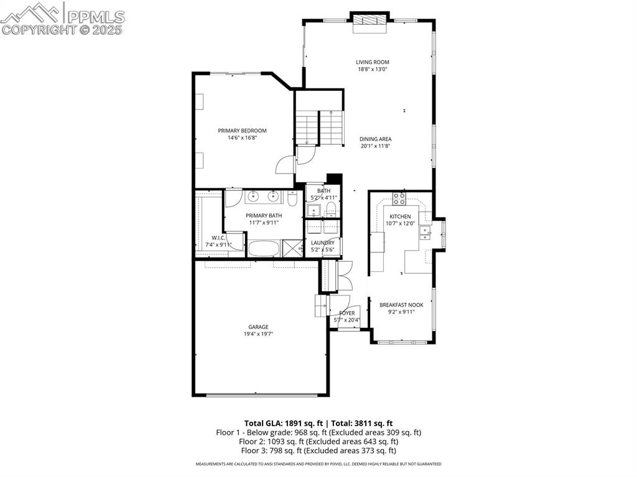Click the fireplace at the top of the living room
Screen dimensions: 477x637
(x=370, y=21)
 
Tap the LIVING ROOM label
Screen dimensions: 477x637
(x=373, y=62)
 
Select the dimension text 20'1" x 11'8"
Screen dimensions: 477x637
(x=376, y=146)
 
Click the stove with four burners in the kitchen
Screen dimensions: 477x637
(x=399, y=199)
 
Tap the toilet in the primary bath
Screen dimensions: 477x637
(x=292, y=199)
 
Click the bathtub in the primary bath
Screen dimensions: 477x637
(x=264, y=248)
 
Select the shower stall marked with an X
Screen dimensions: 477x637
(x=291, y=248)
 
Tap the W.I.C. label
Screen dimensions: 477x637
(x=218, y=238)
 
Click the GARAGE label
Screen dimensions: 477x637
(x=259, y=327)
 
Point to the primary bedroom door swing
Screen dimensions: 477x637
(x=285, y=165)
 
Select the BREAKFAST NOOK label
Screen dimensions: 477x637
(x=401, y=305)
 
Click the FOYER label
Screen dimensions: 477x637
(x=347, y=313)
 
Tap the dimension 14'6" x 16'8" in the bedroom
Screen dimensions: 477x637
(x=242, y=137)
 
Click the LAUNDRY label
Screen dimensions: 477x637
(x=323, y=243)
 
